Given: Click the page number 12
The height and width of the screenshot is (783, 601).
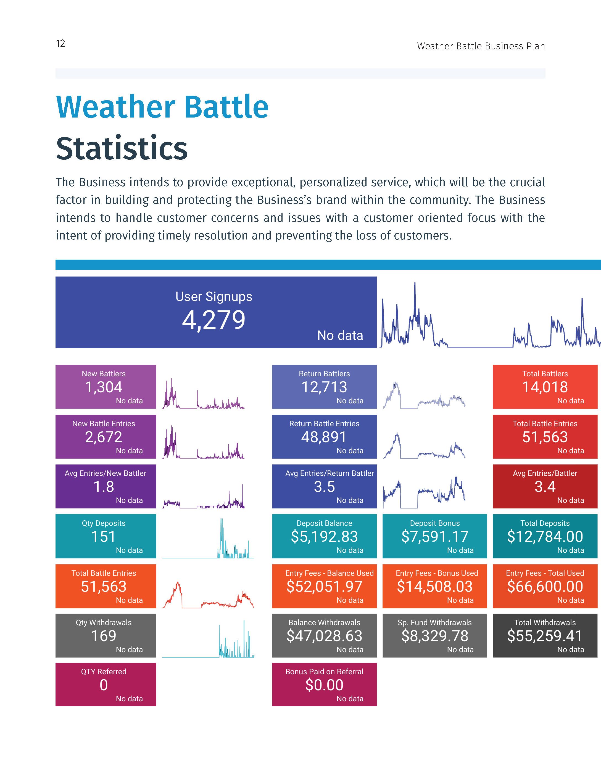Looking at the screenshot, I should [60, 44].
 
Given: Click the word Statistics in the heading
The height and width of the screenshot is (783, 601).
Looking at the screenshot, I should [122, 148].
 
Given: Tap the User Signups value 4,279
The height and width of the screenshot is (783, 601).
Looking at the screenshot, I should [213, 320].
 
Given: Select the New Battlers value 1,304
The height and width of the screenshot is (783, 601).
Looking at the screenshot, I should [104, 387].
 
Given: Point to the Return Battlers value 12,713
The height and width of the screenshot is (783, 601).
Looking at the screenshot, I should [324, 387].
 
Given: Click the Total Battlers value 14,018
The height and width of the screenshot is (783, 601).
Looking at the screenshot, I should [545, 387].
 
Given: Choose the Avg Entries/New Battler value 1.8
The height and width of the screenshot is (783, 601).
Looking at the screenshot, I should [104, 487].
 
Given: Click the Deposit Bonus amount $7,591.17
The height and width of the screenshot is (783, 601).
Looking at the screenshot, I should [435, 536].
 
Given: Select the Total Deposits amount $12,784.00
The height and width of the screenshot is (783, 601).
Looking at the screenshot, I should [545, 536].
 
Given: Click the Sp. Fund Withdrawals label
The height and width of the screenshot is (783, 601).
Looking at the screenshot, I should [435, 622].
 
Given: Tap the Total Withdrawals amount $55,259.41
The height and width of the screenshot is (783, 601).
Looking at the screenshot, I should [545, 636].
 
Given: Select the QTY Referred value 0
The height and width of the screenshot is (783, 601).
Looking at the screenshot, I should [104, 685].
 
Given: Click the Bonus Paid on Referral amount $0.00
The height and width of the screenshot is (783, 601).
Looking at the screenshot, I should [324, 685].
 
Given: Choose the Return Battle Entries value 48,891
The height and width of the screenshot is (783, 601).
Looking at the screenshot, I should [324, 437].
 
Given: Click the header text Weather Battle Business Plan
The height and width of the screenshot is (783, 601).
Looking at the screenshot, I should [481, 46].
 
